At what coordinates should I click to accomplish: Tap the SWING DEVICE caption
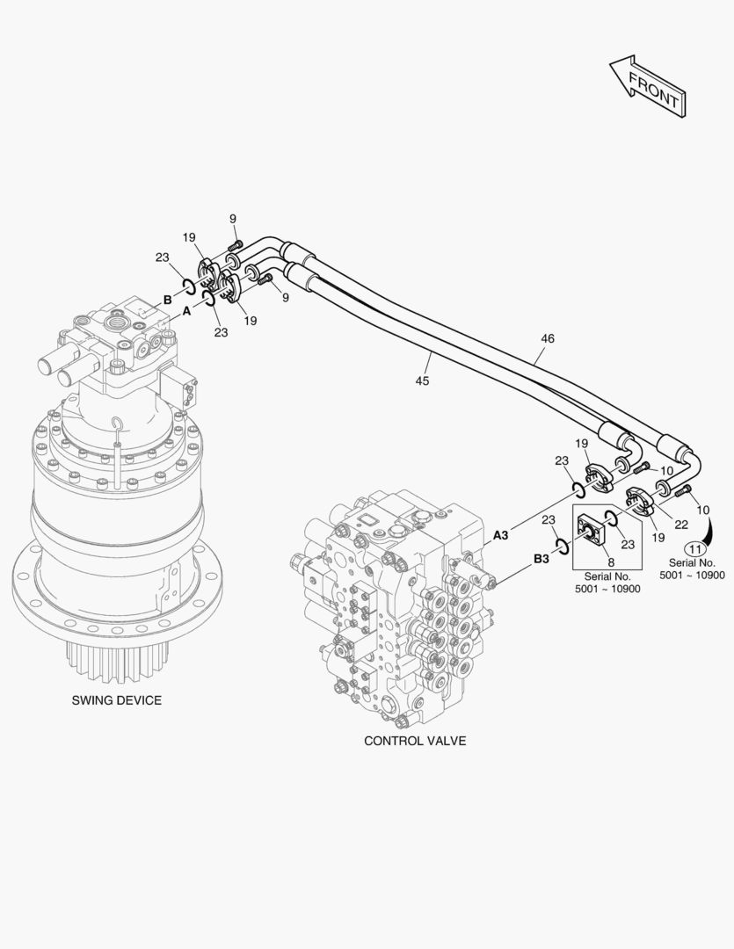[x=117, y=700]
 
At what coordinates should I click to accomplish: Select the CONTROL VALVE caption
[x=415, y=741]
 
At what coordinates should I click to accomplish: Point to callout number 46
[x=547, y=338]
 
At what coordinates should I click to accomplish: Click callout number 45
[x=423, y=380]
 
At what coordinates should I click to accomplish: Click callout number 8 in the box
[x=611, y=561]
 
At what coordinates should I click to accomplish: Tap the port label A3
[x=501, y=534]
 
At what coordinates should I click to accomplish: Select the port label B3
[x=541, y=558]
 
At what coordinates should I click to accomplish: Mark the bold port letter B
[x=167, y=300]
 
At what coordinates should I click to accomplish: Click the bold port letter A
[x=186, y=311]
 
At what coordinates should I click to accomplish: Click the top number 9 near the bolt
[x=233, y=219]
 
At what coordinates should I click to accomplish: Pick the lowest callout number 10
[x=703, y=510]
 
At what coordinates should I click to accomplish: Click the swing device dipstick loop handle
[x=117, y=425]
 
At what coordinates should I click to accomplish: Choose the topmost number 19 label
[x=189, y=237]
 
